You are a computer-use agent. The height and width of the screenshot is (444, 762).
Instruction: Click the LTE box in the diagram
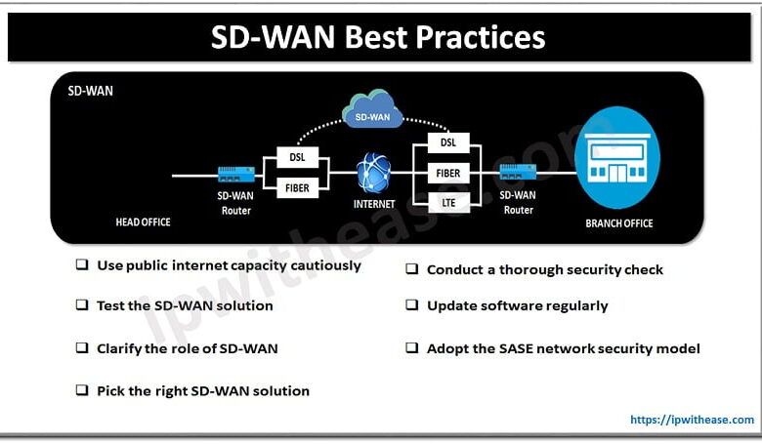tap(448, 202)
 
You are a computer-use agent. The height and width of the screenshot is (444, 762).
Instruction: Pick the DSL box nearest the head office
tap(298, 157)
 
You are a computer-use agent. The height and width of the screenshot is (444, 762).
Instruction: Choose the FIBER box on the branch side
tap(448, 173)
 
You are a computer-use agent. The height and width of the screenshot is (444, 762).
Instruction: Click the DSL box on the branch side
tap(448, 142)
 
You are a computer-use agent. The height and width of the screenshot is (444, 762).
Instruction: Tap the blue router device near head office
tap(236, 175)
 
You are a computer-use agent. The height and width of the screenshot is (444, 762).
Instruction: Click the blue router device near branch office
tap(519, 173)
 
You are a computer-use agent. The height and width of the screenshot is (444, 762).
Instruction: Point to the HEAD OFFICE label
tap(143, 222)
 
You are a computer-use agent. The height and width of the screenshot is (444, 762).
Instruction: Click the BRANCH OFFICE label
tap(619, 223)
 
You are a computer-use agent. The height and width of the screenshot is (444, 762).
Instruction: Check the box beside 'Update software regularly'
tap(412, 305)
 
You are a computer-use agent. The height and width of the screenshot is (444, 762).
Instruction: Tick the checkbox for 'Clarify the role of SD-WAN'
tap(82, 347)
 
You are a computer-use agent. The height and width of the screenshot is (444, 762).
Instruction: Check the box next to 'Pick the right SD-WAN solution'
tap(82, 390)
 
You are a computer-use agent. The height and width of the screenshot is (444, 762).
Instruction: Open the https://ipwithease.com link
tap(692, 420)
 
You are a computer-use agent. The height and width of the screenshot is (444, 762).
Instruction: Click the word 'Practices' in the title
tap(478, 37)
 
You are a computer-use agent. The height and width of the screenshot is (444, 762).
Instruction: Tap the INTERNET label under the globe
tap(374, 205)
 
